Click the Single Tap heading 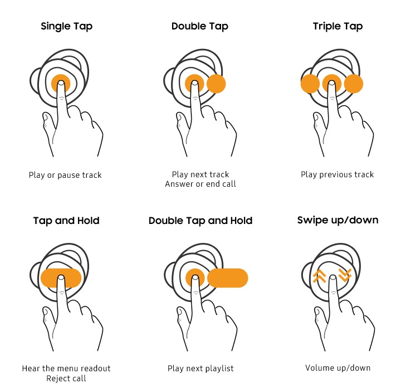click(66, 26)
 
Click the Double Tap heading click(200, 26)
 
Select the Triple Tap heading click(338, 26)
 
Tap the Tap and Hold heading click(66, 221)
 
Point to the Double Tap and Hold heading click(200, 221)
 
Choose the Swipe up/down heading click(338, 220)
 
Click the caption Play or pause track click(65, 175)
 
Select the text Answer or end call click(200, 184)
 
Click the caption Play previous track click(338, 174)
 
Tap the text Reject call click(66, 378)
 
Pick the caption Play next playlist click(200, 368)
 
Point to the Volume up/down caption click(338, 368)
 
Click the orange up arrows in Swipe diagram click(319, 276)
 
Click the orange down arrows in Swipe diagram click(345, 275)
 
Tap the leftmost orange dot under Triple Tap click(310, 84)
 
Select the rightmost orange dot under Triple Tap click(354, 84)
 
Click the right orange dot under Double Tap click(216, 84)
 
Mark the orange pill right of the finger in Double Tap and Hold click(228, 278)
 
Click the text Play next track click(200, 174)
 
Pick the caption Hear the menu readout click(66, 368)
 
